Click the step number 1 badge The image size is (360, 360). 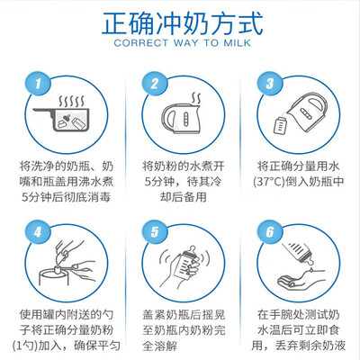[38, 84]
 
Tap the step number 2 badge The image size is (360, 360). [155, 84]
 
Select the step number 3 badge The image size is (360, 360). [270, 84]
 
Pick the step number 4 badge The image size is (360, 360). [38, 232]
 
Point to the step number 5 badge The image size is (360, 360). [155, 232]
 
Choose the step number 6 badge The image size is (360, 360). [270, 232]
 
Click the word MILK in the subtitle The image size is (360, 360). [237, 43]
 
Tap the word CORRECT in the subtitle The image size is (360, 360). [140, 43]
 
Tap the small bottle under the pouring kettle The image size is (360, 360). [281, 125]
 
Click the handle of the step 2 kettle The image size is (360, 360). [167, 119]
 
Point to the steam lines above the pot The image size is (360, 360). [71, 102]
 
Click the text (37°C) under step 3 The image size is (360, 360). [269, 182]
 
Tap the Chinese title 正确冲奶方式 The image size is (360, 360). [183, 23]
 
